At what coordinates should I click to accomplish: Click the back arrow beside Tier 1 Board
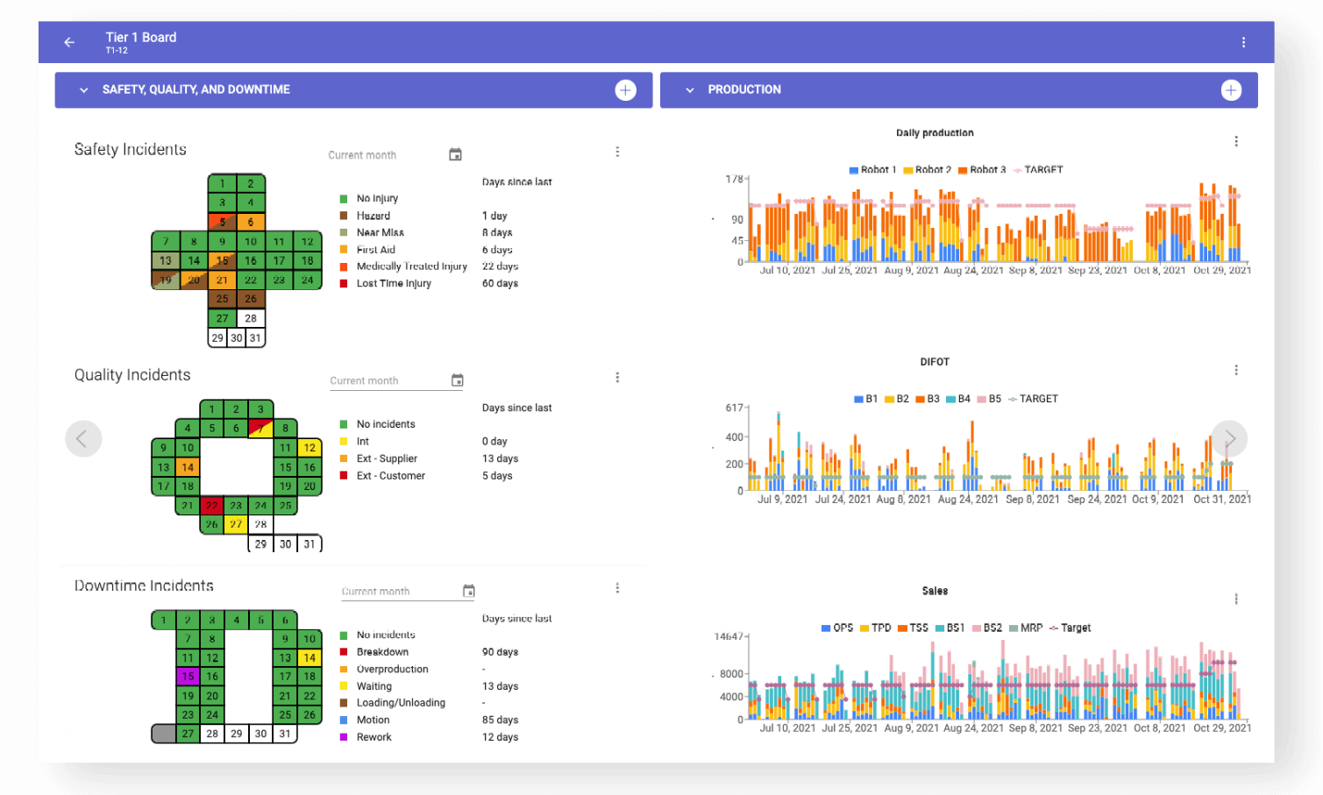[x=69, y=42]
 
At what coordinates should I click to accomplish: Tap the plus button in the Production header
[x=1231, y=90]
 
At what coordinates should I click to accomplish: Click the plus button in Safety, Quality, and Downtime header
[x=625, y=90]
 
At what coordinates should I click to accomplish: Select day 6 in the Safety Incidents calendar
[x=251, y=222]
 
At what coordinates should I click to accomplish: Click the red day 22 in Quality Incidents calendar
[x=211, y=506]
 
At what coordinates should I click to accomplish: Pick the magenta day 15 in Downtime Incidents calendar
[x=188, y=677]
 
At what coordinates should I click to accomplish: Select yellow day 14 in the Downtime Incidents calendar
[x=309, y=657]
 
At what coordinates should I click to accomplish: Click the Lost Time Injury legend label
[x=394, y=284]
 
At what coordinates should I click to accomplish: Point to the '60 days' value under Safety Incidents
[x=500, y=284]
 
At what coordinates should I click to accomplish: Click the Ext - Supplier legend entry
[x=387, y=459]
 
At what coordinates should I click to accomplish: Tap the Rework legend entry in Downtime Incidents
[x=373, y=737]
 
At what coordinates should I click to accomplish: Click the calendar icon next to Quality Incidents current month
[x=457, y=380]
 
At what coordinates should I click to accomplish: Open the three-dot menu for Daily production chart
[x=1236, y=142]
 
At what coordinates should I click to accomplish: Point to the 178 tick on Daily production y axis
[x=734, y=179]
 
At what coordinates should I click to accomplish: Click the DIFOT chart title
[x=935, y=362]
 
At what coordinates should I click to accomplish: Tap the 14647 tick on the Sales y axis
[x=729, y=636]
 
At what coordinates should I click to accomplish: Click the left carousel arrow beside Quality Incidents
[x=83, y=438]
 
